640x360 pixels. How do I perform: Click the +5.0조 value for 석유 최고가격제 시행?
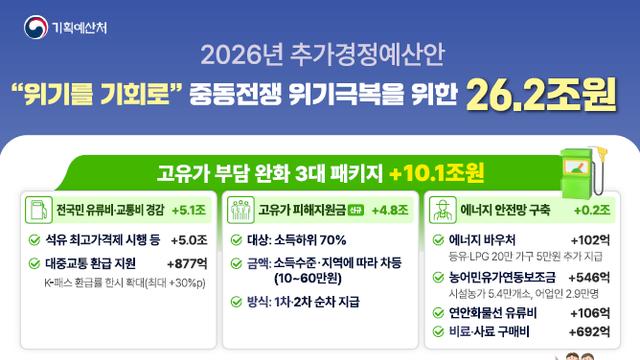(x=188, y=240)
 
